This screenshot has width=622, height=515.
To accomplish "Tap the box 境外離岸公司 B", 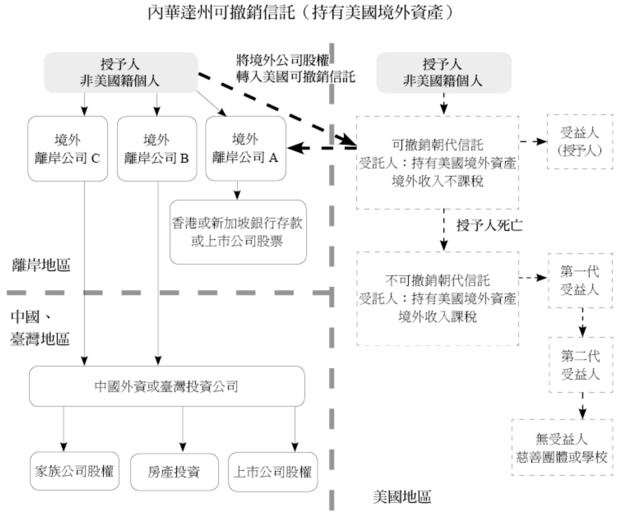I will click(x=157, y=148).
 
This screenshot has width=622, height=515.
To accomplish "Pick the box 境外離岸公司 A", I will click(x=246, y=148).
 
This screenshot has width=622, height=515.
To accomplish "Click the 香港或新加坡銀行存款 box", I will click(x=238, y=232).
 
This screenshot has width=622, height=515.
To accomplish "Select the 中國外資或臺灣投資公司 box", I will click(x=167, y=386).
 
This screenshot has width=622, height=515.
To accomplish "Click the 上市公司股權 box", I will click(x=272, y=471).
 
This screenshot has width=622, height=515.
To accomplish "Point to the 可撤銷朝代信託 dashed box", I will click(x=437, y=162).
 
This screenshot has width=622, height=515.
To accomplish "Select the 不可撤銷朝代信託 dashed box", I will click(x=437, y=298).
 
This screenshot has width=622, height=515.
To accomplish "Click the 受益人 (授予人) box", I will click(x=580, y=142).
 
